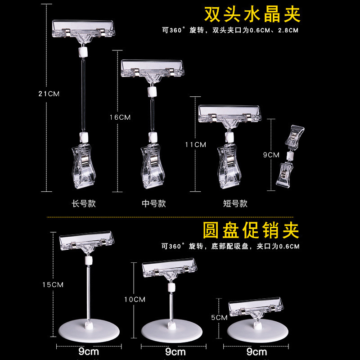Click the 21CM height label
(49, 94)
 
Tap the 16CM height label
(120, 117)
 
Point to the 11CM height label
(196, 144)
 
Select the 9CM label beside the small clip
(271, 155)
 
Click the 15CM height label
(53, 284)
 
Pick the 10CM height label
(135, 299)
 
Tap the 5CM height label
(219, 317)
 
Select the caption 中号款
(154, 203)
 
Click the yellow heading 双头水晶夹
(252, 14)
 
